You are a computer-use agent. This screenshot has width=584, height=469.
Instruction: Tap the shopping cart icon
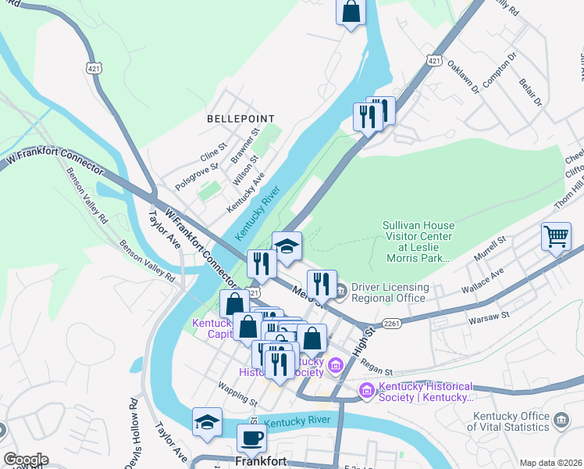(x=555, y=235)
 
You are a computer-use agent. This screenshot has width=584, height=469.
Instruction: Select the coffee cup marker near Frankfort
(x=251, y=438)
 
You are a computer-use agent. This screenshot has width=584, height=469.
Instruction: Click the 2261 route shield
(x=392, y=323)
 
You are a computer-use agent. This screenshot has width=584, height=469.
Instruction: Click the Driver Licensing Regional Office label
(x=390, y=292)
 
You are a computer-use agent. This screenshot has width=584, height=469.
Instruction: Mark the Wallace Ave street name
(x=485, y=277)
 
